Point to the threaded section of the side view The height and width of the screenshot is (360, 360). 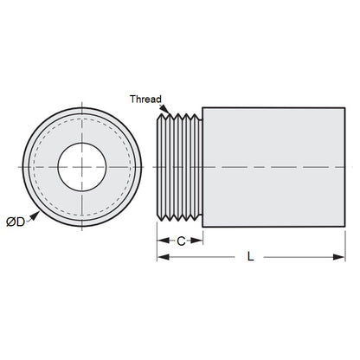tap(179, 164)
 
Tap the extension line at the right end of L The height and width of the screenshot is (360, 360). tap(337, 247)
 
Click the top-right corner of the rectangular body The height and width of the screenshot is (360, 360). tap(337, 107)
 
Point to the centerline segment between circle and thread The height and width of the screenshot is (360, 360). tap(149, 165)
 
